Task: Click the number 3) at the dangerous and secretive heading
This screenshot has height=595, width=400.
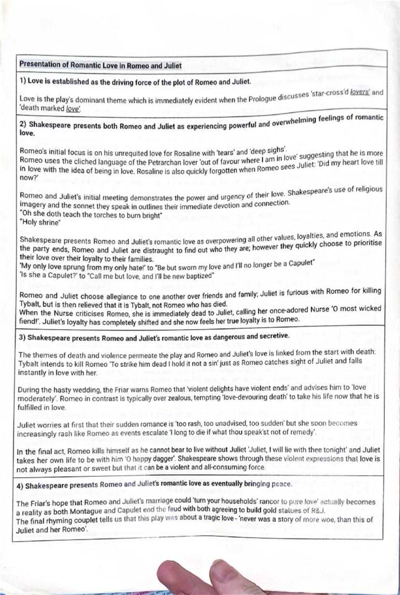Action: point(22,336)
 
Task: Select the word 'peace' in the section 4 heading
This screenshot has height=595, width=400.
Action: point(278,483)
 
